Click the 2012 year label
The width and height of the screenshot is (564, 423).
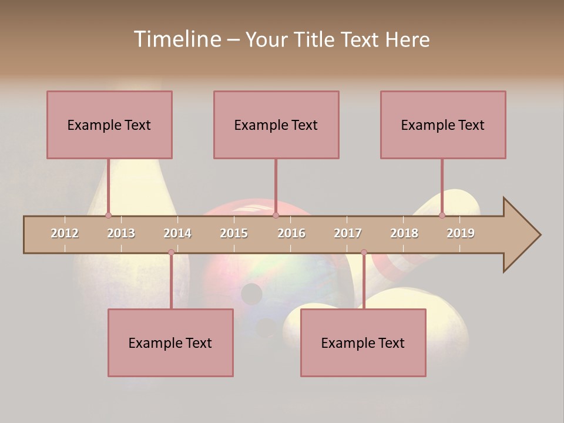coord(65,233)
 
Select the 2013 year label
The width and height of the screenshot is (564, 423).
coord(121,233)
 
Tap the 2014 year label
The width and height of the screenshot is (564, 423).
coord(177,233)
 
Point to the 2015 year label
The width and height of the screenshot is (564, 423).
coord(234,233)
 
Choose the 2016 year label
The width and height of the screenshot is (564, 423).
coord(291,233)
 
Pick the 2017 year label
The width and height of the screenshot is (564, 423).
coord(348,233)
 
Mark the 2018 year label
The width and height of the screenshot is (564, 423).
coord(404,233)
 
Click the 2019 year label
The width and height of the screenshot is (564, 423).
coord(461,233)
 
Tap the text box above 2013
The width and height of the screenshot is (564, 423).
coord(109,125)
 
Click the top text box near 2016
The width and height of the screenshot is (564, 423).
coord(276,125)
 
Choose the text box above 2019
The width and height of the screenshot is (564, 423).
coord(443,125)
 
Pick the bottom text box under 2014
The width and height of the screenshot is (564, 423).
coord(170,343)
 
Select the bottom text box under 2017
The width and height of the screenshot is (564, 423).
coord(363,343)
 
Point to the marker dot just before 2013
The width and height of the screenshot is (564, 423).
coord(108,216)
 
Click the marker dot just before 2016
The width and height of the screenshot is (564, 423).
coord(276,216)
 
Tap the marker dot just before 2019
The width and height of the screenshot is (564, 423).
coord(442,216)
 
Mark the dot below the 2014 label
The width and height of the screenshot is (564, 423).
coord(171,253)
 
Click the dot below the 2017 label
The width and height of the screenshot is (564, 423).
coord(364,253)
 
